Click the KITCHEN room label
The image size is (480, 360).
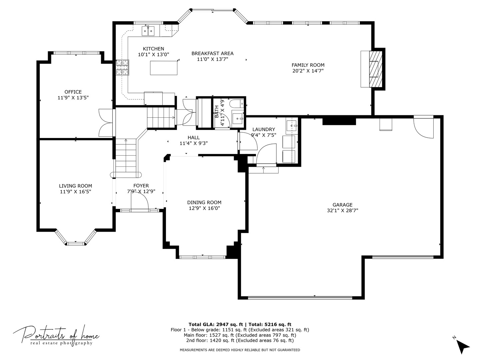click(153, 49)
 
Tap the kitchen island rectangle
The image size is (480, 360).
click(164, 68)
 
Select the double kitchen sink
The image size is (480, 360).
click(148, 31)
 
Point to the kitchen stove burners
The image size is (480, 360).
click(122, 68)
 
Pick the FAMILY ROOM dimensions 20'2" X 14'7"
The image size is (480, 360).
click(308, 71)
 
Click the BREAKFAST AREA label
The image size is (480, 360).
click(212, 53)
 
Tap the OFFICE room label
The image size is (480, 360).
click(73, 92)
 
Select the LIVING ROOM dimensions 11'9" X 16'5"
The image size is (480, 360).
click(75, 192)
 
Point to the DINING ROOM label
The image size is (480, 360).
click(204, 202)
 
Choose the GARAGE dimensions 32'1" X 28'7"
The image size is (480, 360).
click(342, 210)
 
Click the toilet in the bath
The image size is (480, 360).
click(237, 104)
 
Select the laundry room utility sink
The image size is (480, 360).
click(292, 126)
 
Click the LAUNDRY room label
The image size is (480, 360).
click(264, 129)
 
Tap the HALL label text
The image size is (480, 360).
click(194, 137)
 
